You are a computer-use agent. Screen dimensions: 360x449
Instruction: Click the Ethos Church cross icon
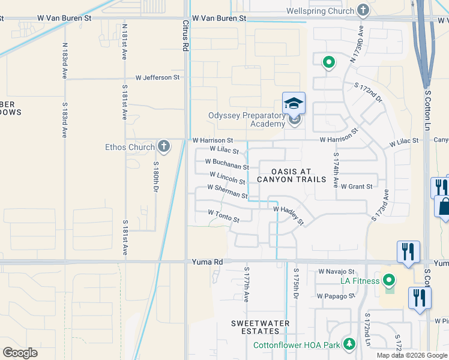pos(163,146)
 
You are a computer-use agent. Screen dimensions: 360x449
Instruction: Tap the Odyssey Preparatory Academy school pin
pos(294,104)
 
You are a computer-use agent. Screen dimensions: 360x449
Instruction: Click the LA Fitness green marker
pos(388,280)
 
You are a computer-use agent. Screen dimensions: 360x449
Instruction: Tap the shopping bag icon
pos(445,206)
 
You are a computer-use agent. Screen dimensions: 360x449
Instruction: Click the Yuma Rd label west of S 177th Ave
pos(207,262)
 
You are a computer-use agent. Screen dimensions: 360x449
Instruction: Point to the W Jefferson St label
pos(157,77)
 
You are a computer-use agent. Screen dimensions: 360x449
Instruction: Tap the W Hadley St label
pos(289,215)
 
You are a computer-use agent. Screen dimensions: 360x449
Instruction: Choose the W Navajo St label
pos(337,272)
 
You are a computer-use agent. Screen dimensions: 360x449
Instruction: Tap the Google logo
pos(20,353)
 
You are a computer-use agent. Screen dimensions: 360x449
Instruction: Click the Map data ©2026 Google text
pos(411,355)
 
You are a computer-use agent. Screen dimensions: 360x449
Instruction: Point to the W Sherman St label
pos(227,191)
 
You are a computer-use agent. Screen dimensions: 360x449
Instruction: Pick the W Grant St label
pos(357,187)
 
